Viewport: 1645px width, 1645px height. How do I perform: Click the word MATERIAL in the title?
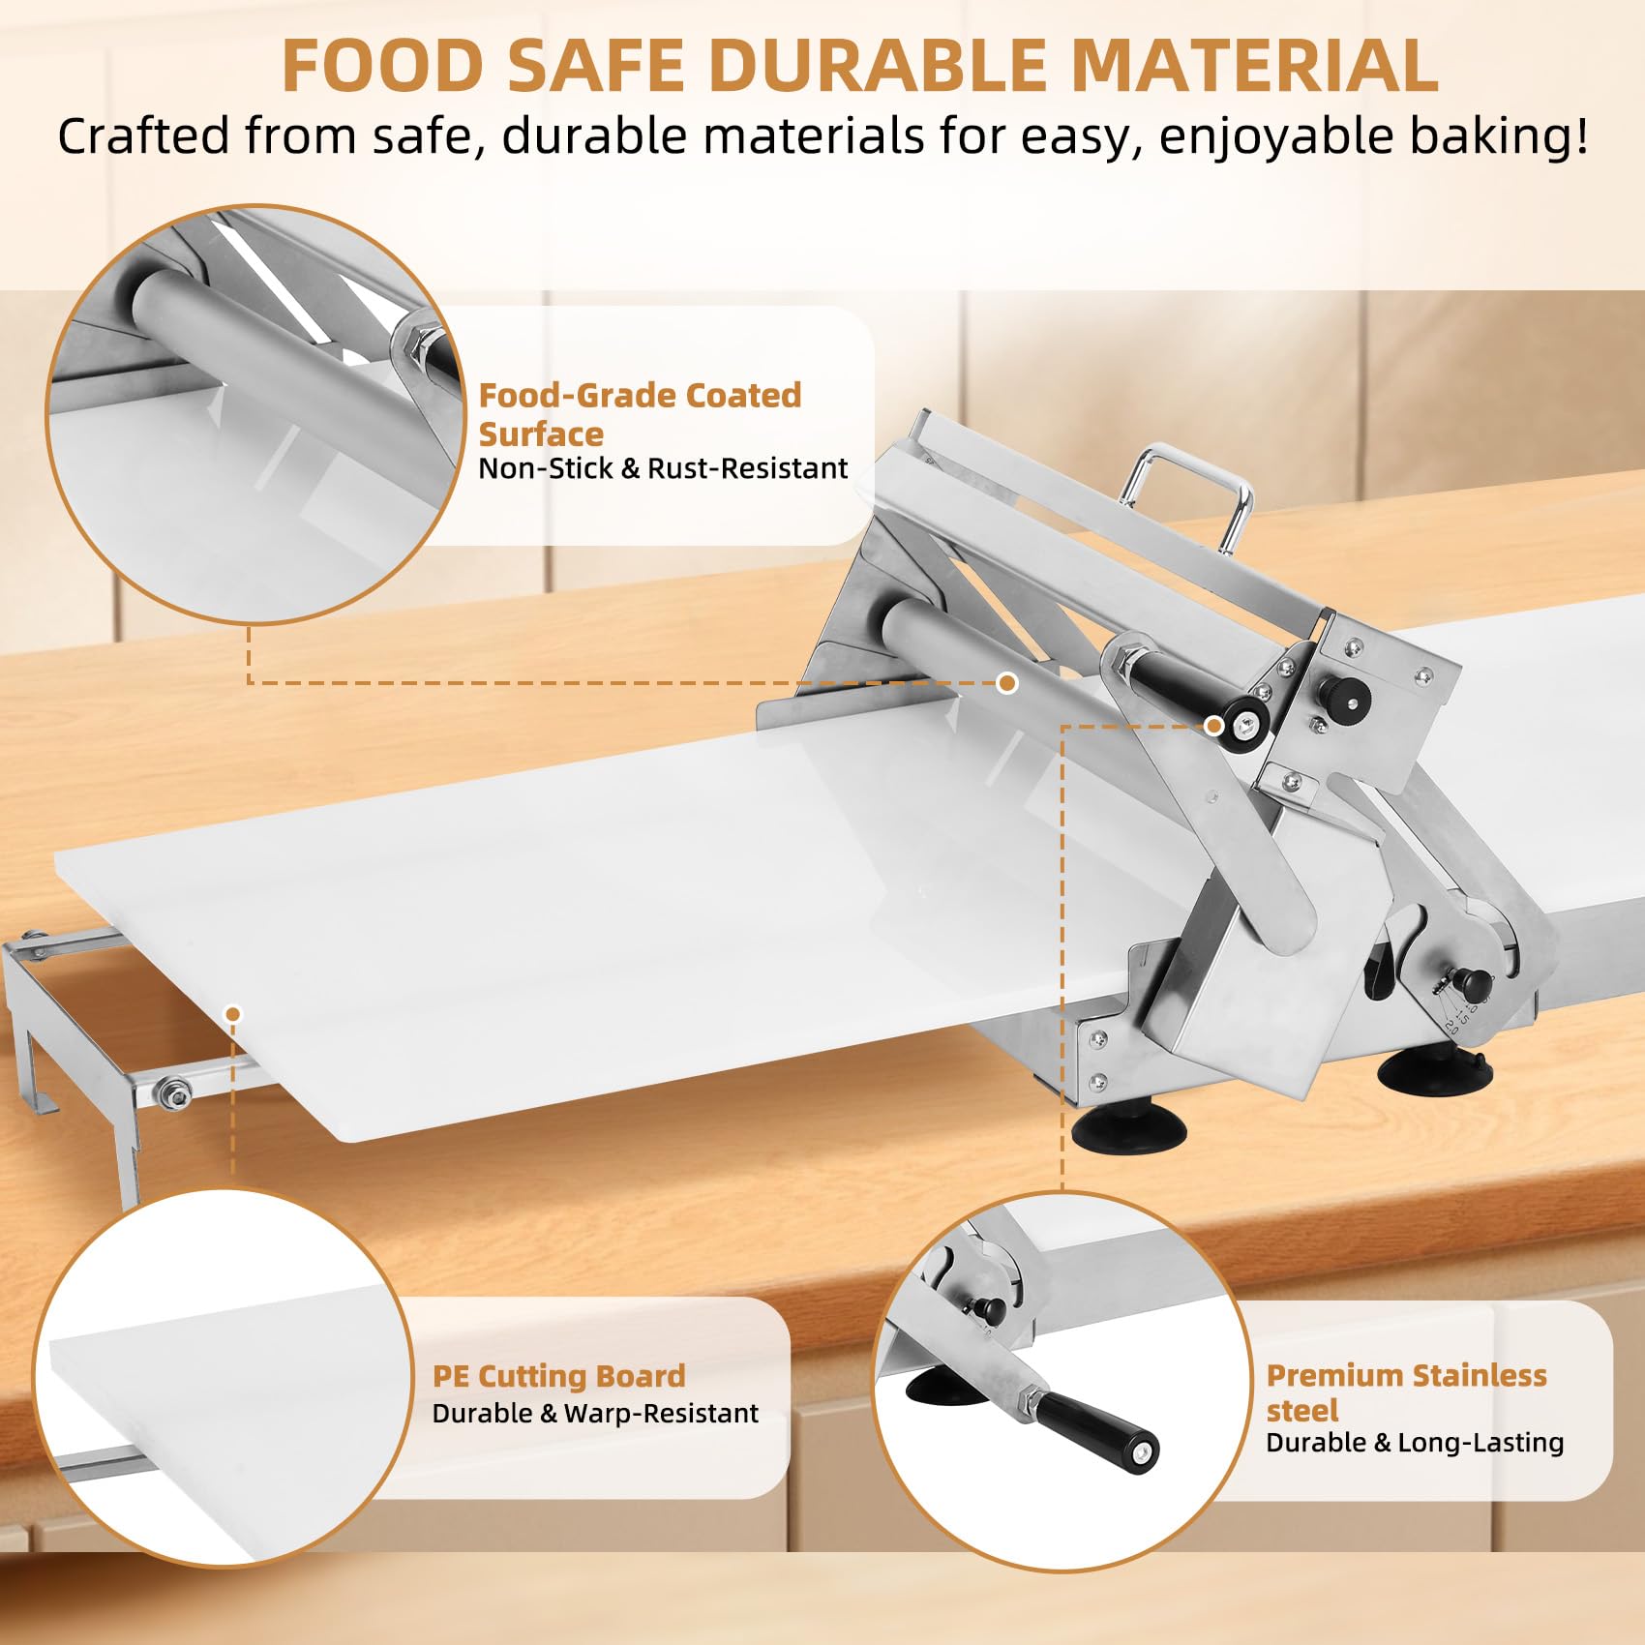(x=1255, y=65)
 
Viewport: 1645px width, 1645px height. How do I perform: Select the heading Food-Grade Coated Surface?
(x=640, y=414)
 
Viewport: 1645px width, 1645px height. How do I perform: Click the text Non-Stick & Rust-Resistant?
(x=663, y=468)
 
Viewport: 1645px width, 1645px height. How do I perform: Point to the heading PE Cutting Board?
(x=558, y=1375)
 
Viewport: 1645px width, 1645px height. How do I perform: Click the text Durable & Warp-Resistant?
(x=595, y=1414)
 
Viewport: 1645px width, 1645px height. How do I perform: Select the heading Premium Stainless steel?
(x=1406, y=1392)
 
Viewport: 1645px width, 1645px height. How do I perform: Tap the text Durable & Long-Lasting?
(x=1415, y=1443)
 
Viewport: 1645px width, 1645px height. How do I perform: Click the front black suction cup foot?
(x=1129, y=1125)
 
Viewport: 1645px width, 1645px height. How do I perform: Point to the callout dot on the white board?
(x=232, y=1014)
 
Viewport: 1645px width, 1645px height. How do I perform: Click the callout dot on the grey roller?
(x=1007, y=683)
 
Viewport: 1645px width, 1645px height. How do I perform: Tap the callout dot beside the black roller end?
(x=1213, y=726)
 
